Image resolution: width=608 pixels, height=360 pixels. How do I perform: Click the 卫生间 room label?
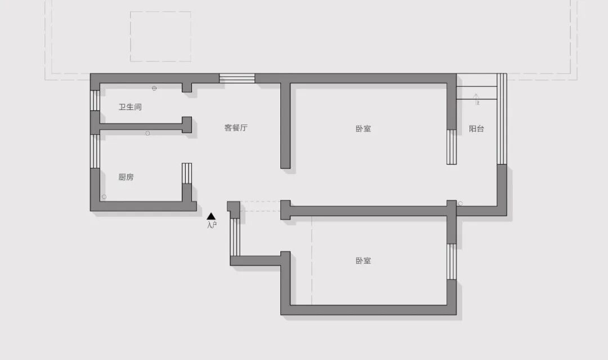pos(130,106)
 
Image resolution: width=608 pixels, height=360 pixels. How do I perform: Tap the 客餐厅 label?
pos(236,128)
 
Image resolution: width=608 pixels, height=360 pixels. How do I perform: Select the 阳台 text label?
pos(476,128)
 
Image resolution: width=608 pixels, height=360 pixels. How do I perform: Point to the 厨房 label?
pos(126,177)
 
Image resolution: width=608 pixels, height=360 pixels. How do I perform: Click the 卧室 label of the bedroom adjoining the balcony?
pos(363,128)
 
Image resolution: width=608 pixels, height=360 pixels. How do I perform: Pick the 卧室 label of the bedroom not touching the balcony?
pos(363,261)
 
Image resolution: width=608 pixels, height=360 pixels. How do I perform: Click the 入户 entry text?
pos(212,225)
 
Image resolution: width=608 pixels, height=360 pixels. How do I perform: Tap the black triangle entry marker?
pos(211,216)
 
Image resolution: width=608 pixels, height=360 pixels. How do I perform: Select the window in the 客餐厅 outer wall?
pos(237,78)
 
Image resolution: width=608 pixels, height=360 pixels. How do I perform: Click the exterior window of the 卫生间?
pos(95,100)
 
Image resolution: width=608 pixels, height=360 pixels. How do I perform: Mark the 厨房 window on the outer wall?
pos(95,151)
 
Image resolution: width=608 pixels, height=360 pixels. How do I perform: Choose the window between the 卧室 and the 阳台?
pos(451,147)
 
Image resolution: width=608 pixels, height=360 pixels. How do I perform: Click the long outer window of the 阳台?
pos(502,118)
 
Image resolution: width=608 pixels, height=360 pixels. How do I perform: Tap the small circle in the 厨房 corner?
pos(104,197)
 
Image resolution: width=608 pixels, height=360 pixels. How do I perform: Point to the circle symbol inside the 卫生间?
pos(154,88)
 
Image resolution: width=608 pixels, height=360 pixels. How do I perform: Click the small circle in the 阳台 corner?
pos(461,203)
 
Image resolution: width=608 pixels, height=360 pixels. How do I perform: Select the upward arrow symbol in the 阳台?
pos(476,99)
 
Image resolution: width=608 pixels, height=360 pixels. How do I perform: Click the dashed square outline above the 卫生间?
pos(160,37)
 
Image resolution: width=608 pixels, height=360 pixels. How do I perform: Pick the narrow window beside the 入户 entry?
pos(235,237)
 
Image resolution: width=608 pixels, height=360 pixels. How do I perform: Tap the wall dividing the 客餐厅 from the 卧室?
pos(285,125)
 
